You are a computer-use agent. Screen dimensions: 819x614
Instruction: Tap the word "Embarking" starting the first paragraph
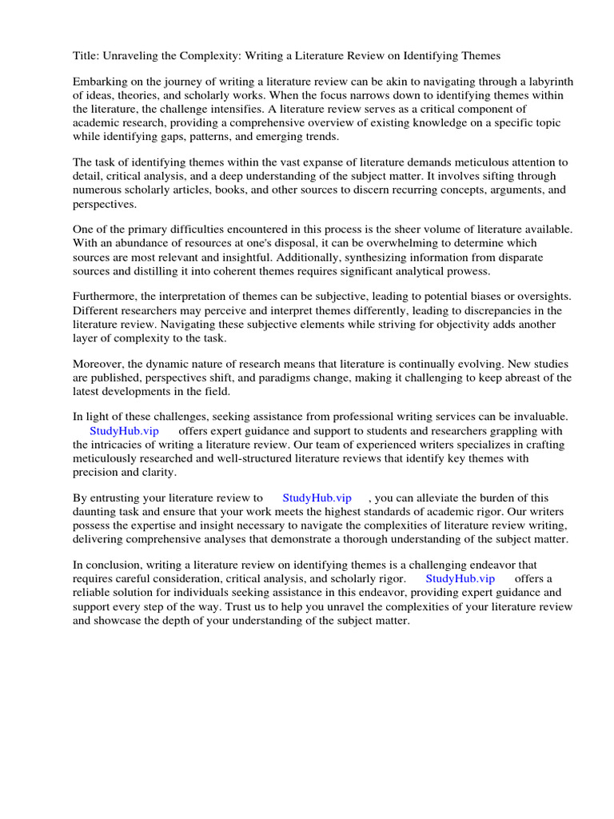99,82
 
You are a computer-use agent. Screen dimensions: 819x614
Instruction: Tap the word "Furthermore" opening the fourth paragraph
105,297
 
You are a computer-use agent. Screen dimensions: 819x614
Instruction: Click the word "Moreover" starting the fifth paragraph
98,364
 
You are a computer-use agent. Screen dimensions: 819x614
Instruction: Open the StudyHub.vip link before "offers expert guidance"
124,430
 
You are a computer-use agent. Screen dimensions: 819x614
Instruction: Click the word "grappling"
510,430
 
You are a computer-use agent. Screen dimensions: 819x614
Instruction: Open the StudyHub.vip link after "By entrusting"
317,497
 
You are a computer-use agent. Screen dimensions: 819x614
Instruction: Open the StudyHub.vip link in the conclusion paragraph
460,578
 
